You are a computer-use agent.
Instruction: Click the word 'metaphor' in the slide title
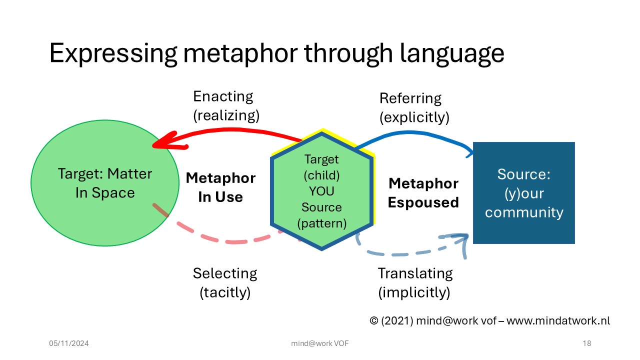(x=240, y=53)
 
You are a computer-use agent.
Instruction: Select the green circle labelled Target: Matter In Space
(x=105, y=183)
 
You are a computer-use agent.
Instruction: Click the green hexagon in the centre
(x=322, y=189)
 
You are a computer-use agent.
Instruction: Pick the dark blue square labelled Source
(x=523, y=193)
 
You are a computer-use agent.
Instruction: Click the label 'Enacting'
(x=223, y=96)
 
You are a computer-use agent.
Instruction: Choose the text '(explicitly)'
(x=414, y=117)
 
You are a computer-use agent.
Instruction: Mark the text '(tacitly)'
(x=225, y=292)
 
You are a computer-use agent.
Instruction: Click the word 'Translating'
(x=415, y=273)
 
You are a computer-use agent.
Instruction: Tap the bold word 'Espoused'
(x=423, y=202)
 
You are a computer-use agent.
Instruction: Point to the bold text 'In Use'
(x=220, y=197)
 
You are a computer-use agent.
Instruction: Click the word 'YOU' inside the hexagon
(x=321, y=191)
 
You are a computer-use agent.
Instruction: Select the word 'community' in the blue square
(x=524, y=212)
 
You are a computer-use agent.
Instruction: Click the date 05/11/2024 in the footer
(x=69, y=343)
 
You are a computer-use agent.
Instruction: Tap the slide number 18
(x=587, y=343)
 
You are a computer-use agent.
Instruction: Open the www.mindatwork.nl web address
(x=558, y=321)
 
